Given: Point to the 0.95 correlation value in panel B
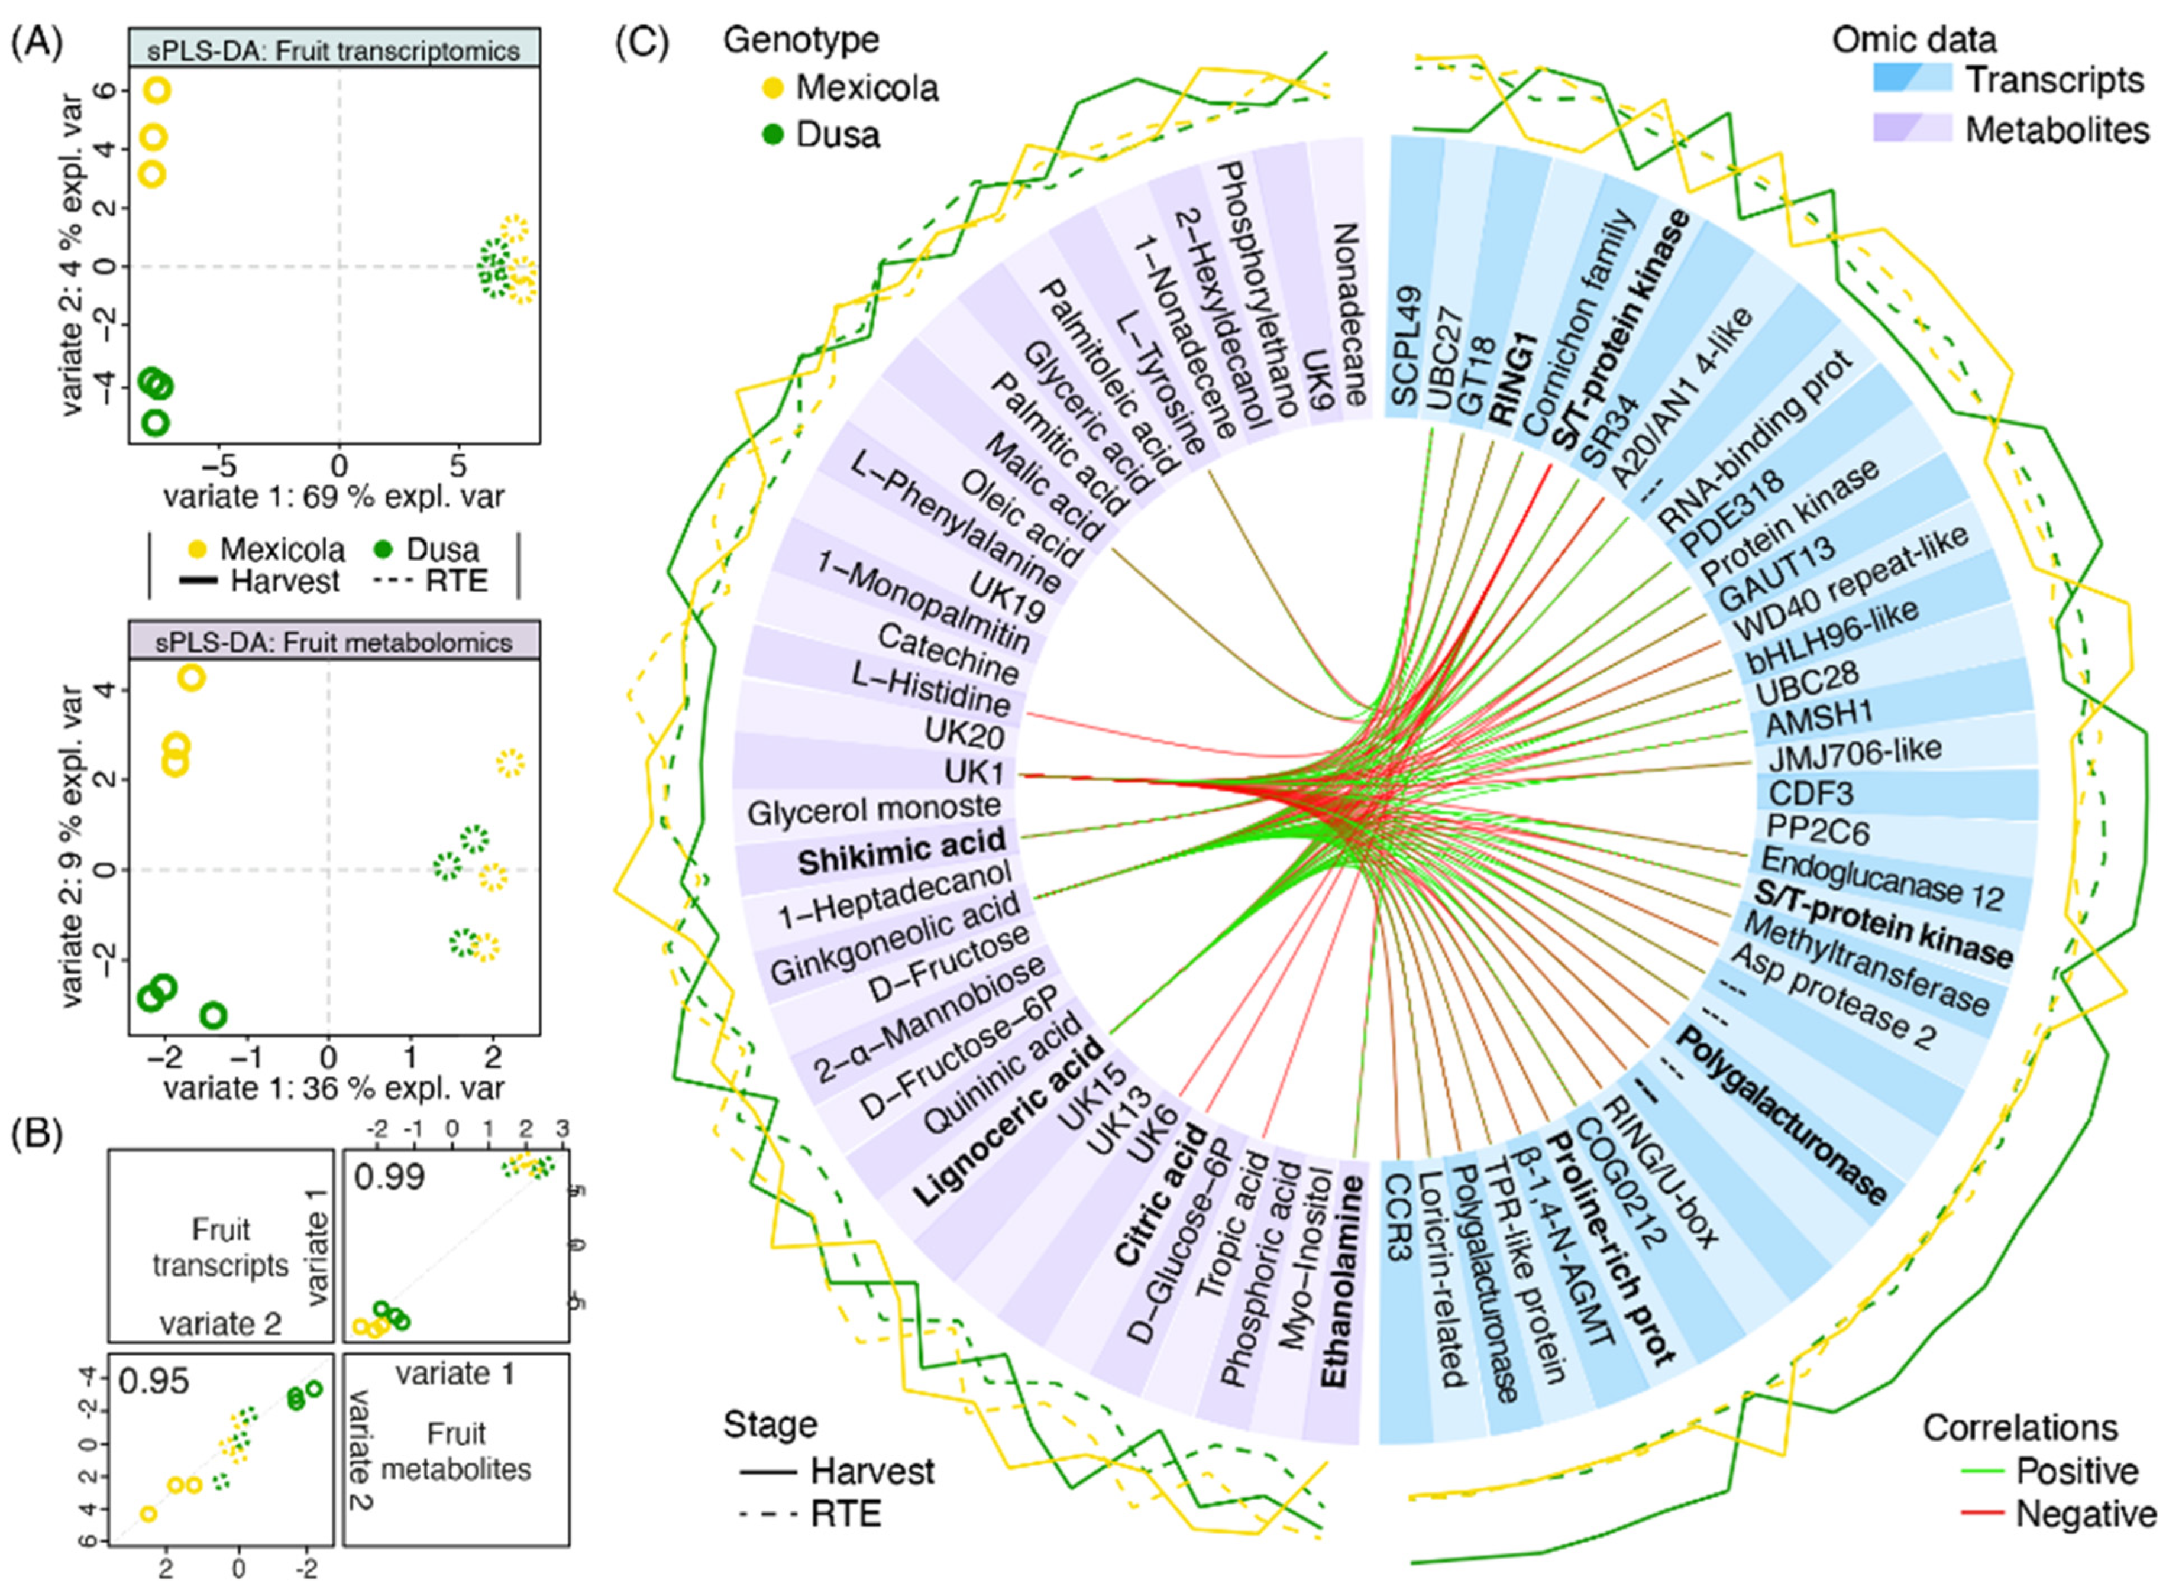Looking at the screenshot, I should [154, 1381].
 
